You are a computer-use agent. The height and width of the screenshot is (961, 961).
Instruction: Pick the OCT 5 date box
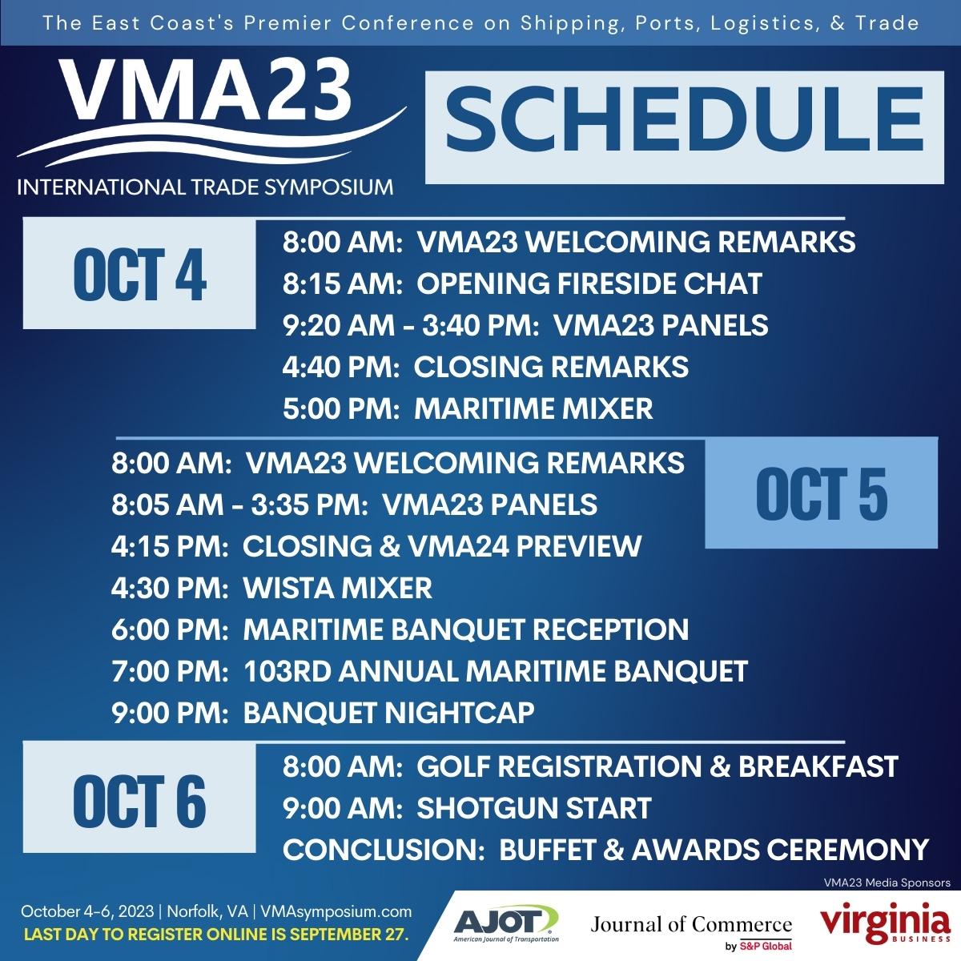coord(821,493)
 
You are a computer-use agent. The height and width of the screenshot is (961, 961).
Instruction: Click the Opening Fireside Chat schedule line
coord(521,283)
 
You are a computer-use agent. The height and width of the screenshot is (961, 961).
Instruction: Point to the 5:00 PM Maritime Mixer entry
coord(468,408)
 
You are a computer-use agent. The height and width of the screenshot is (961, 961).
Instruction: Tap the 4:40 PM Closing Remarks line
coord(485,367)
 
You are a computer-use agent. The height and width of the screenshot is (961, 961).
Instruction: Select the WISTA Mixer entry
coord(271,588)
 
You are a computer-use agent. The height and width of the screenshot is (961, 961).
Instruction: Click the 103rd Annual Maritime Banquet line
coord(429,671)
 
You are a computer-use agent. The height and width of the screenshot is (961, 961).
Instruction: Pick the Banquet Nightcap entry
coord(323,712)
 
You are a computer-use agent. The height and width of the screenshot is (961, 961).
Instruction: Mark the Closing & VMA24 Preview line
coord(376,546)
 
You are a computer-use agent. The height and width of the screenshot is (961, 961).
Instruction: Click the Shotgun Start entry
coord(467,808)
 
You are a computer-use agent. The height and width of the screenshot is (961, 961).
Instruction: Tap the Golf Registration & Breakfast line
coord(589,766)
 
